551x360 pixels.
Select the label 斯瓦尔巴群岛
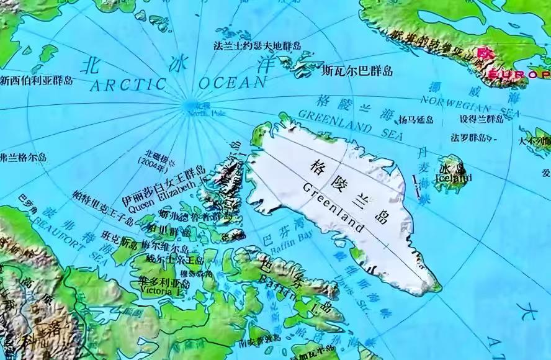357,71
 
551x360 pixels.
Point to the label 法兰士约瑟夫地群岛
257,45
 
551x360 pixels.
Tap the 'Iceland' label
454,178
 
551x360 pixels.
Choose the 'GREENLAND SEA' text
351,124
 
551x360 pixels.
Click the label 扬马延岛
416,119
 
